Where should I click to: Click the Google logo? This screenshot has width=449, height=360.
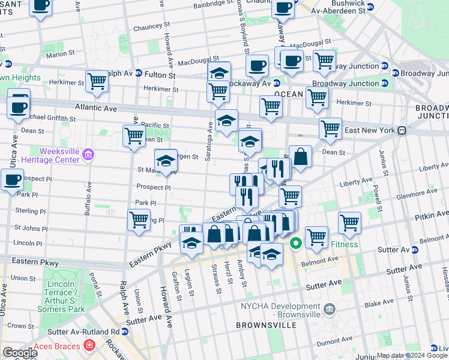19,353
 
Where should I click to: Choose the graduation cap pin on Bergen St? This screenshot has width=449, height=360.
166,160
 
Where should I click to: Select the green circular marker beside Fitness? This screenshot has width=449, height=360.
296,244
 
